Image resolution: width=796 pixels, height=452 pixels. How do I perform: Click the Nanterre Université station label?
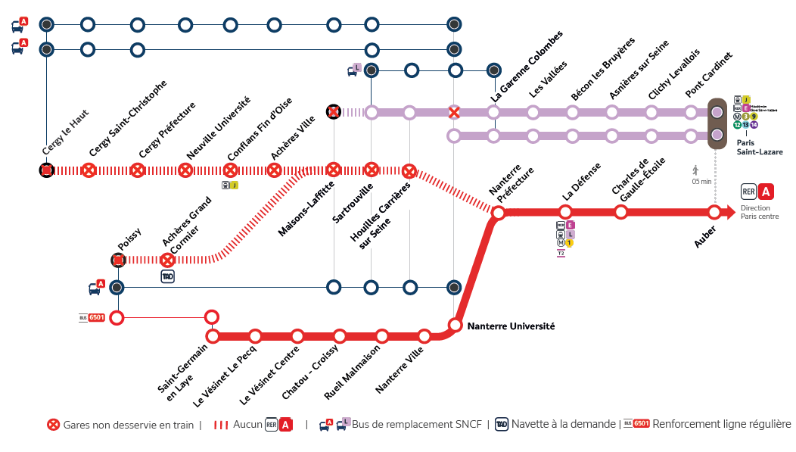[x=511, y=326]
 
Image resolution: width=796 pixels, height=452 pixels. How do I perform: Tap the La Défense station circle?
[x=565, y=212]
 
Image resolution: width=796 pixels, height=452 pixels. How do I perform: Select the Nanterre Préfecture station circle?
[x=499, y=213]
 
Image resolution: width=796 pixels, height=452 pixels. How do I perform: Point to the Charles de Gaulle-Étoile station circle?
[x=620, y=212]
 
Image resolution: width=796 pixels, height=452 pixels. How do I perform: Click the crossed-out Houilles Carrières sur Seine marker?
[x=409, y=170]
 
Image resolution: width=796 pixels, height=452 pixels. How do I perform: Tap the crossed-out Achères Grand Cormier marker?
[x=168, y=260]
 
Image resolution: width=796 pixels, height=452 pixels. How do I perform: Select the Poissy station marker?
[x=118, y=260]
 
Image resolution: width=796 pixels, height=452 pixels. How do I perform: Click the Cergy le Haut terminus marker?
[x=47, y=170]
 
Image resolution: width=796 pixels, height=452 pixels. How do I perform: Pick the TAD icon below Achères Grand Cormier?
[x=168, y=277]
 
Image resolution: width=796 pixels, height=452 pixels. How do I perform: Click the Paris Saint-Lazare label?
[x=760, y=147]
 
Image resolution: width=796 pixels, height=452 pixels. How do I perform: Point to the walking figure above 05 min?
[x=695, y=170]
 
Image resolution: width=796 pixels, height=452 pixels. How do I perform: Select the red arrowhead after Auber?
[x=729, y=212]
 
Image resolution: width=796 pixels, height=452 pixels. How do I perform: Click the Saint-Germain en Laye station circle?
[x=213, y=335]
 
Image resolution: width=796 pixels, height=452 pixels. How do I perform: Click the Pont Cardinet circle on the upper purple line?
[x=691, y=113]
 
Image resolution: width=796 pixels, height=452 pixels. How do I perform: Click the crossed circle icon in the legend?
[x=54, y=425]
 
